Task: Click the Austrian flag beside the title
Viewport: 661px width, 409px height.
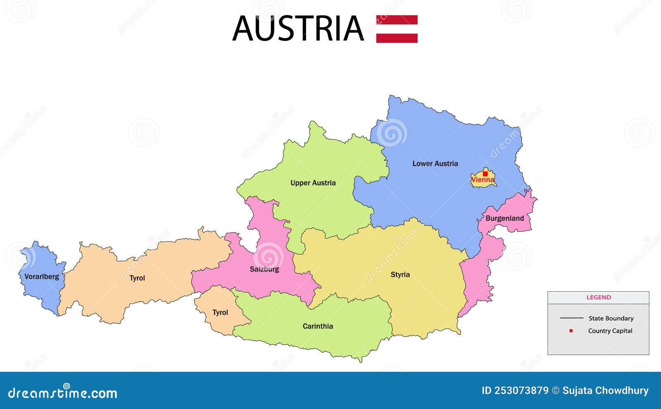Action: (x=397, y=29)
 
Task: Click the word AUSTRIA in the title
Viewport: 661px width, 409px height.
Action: (x=298, y=29)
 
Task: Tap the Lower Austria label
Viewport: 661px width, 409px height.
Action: (x=435, y=164)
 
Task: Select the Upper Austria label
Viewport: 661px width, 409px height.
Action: (x=313, y=183)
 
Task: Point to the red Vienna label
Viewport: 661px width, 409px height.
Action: (x=483, y=180)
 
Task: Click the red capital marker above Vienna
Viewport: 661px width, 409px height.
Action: (x=485, y=174)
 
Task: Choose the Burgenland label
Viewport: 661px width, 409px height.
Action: (x=504, y=218)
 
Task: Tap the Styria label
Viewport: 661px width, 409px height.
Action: (x=400, y=274)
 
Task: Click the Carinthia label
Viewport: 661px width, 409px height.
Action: (x=318, y=326)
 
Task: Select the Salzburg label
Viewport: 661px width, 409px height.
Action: (x=264, y=269)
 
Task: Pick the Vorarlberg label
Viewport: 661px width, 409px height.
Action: (x=42, y=276)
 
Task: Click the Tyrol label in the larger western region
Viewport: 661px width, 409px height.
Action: (x=137, y=278)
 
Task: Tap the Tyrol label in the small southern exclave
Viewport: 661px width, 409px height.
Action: (x=220, y=312)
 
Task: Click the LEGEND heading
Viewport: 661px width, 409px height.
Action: (x=598, y=297)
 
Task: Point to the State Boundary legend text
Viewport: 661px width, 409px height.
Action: (x=611, y=318)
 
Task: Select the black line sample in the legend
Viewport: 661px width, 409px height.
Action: (x=571, y=318)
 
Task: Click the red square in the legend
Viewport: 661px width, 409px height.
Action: (x=571, y=331)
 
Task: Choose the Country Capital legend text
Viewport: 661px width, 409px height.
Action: (x=610, y=331)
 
